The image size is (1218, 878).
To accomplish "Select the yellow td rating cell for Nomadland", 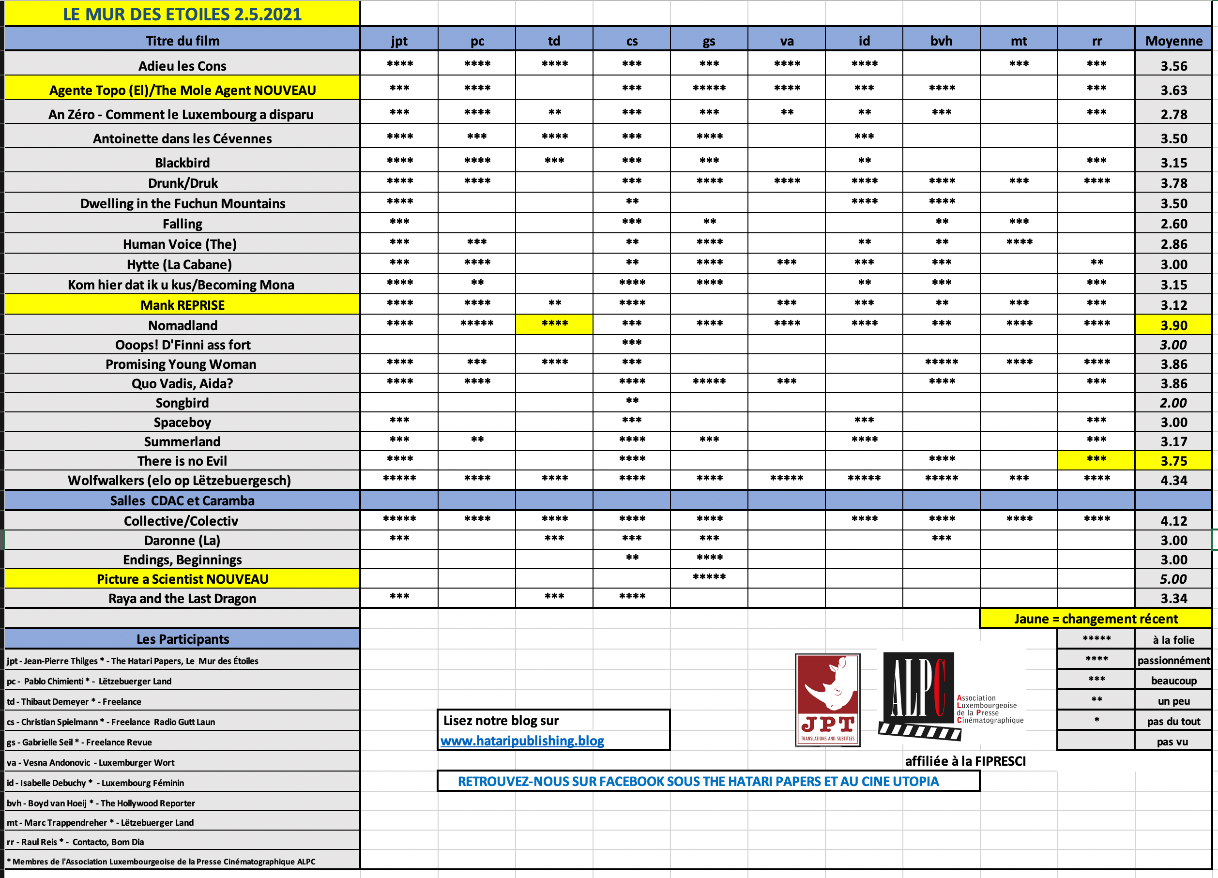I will pos(554,324).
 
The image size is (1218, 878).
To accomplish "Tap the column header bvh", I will pos(941,41).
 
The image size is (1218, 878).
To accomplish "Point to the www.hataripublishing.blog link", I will pos(522,741).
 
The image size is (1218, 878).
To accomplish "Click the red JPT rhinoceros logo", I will pos(828,700).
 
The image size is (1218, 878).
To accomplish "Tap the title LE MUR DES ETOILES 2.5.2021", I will pos(182,14).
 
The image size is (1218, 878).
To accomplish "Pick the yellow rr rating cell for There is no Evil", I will pos(1096,460).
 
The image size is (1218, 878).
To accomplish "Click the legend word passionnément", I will pos(1173,661).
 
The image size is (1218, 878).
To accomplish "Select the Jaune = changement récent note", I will pos(1096,619).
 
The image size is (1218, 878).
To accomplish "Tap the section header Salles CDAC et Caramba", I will pos(182,500).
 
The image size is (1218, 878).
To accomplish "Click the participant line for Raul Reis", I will pos(75,842).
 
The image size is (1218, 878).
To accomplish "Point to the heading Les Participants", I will pos(182,639).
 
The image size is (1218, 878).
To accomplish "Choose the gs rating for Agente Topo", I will pos(709,89).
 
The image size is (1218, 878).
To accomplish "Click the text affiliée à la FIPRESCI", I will pos(965,761).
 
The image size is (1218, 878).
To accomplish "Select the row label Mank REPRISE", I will pos(182,305).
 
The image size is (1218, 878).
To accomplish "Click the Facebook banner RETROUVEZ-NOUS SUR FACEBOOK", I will pos(698,781).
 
